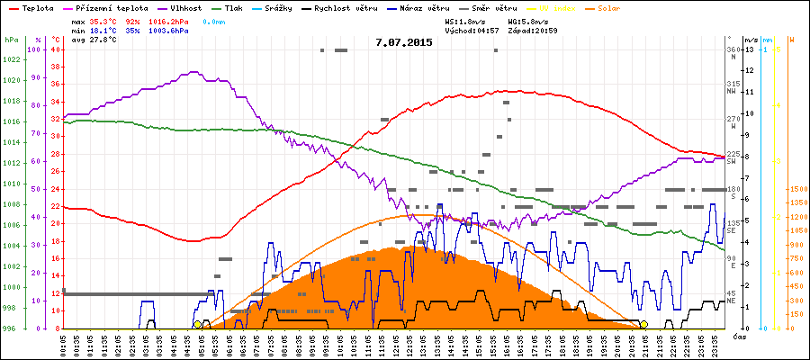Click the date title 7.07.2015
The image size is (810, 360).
pyautogui.click(x=405, y=42)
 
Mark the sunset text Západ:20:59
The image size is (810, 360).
pyautogui.click(x=533, y=30)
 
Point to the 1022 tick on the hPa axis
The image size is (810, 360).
pyautogui.click(x=11, y=60)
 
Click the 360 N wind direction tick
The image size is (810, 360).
pyautogui.click(x=733, y=52)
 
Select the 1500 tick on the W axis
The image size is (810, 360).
pyautogui.click(x=797, y=189)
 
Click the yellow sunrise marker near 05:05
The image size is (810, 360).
pyautogui.click(x=197, y=324)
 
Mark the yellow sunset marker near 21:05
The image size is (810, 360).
pyautogui.click(x=643, y=324)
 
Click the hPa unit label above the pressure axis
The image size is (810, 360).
pyautogui.click(x=11, y=40)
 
